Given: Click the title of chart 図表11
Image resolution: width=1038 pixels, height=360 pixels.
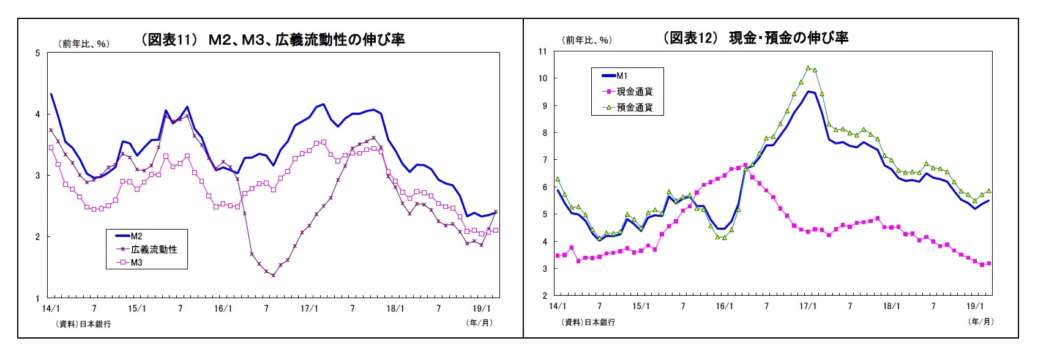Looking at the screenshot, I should (x=272, y=40).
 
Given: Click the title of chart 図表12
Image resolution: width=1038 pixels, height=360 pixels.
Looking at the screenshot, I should (x=755, y=38).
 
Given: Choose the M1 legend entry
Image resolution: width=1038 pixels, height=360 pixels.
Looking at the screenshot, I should (x=622, y=76).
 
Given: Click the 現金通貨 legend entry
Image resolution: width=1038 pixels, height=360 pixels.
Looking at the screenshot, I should (x=634, y=91).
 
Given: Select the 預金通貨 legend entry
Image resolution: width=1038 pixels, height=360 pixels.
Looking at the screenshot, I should (x=634, y=107).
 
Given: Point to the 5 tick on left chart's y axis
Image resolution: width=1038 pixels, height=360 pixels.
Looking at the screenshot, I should (x=37, y=53).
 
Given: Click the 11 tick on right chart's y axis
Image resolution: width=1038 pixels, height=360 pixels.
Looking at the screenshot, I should (x=542, y=51).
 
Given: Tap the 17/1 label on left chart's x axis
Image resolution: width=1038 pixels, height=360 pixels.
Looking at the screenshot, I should (x=308, y=309).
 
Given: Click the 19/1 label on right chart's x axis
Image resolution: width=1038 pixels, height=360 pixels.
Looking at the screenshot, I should (x=975, y=306).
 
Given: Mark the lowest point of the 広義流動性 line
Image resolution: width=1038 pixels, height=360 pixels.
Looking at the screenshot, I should (x=273, y=276).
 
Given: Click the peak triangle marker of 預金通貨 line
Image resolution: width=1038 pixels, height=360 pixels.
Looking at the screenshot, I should (x=808, y=68).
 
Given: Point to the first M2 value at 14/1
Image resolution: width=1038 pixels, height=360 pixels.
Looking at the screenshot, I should (x=51, y=94).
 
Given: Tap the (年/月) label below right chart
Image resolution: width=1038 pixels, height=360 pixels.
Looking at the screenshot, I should (x=980, y=321).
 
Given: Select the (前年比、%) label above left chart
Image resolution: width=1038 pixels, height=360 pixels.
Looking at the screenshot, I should (x=84, y=43).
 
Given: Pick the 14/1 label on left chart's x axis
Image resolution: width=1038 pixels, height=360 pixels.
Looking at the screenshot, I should (x=51, y=309).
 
